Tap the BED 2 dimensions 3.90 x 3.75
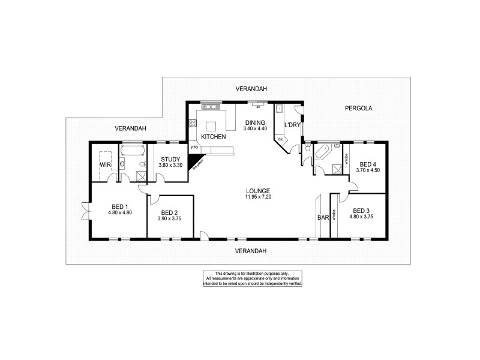click(x=169, y=218)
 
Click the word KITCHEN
click(x=213, y=137)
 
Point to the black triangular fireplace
click(x=195, y=161)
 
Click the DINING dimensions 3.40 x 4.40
click(x=254, y=128)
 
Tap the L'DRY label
click(x=292, y=125)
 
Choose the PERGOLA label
click(x=359, y=109)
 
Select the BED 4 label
click(x=368, y=164)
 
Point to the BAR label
click(x=323, y=218)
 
